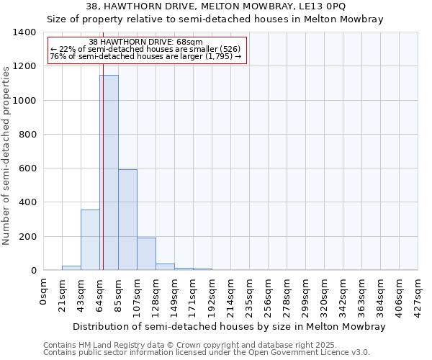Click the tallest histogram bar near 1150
click(x=109, y=173)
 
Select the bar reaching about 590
click(x=127, y=220)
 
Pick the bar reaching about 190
click(x=146, y=253)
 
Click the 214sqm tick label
click(x=231, y=294)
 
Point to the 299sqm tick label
click(x=306, y=294)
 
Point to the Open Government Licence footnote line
click(x=207, y=353)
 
